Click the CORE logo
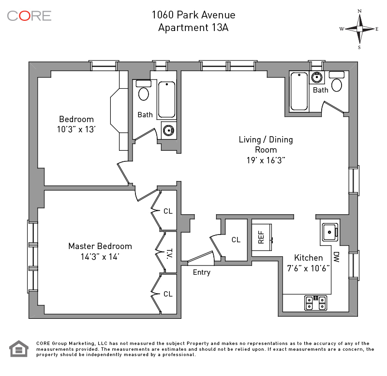point(29,16)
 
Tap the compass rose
point(359,29)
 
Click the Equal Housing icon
point(19,349)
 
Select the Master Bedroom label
point(100,246)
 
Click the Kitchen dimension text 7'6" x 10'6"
point(308,268)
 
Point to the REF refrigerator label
point(261,237)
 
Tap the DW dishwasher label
point(336,257)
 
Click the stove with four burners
point(316,303)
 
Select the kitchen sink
point(330,233)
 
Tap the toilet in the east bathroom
point(337,81)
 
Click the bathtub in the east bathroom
point(299,91)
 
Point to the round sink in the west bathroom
point(168,130)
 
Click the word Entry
point(202,272)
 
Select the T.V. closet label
point(169,253)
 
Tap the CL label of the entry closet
point(236,240)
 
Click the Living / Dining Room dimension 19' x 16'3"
point(266,160)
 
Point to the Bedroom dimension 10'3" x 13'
point(76,129)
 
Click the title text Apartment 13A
point(193,28)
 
